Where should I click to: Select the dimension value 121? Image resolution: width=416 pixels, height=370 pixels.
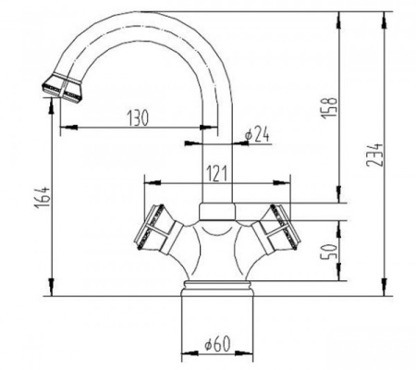[x=217, y=172]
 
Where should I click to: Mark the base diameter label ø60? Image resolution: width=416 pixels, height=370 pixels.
[x=214, y=345]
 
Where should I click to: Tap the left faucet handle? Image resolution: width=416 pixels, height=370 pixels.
[x=155, y=228]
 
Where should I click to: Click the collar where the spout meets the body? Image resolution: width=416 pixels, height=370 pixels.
[x=216, y=209]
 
